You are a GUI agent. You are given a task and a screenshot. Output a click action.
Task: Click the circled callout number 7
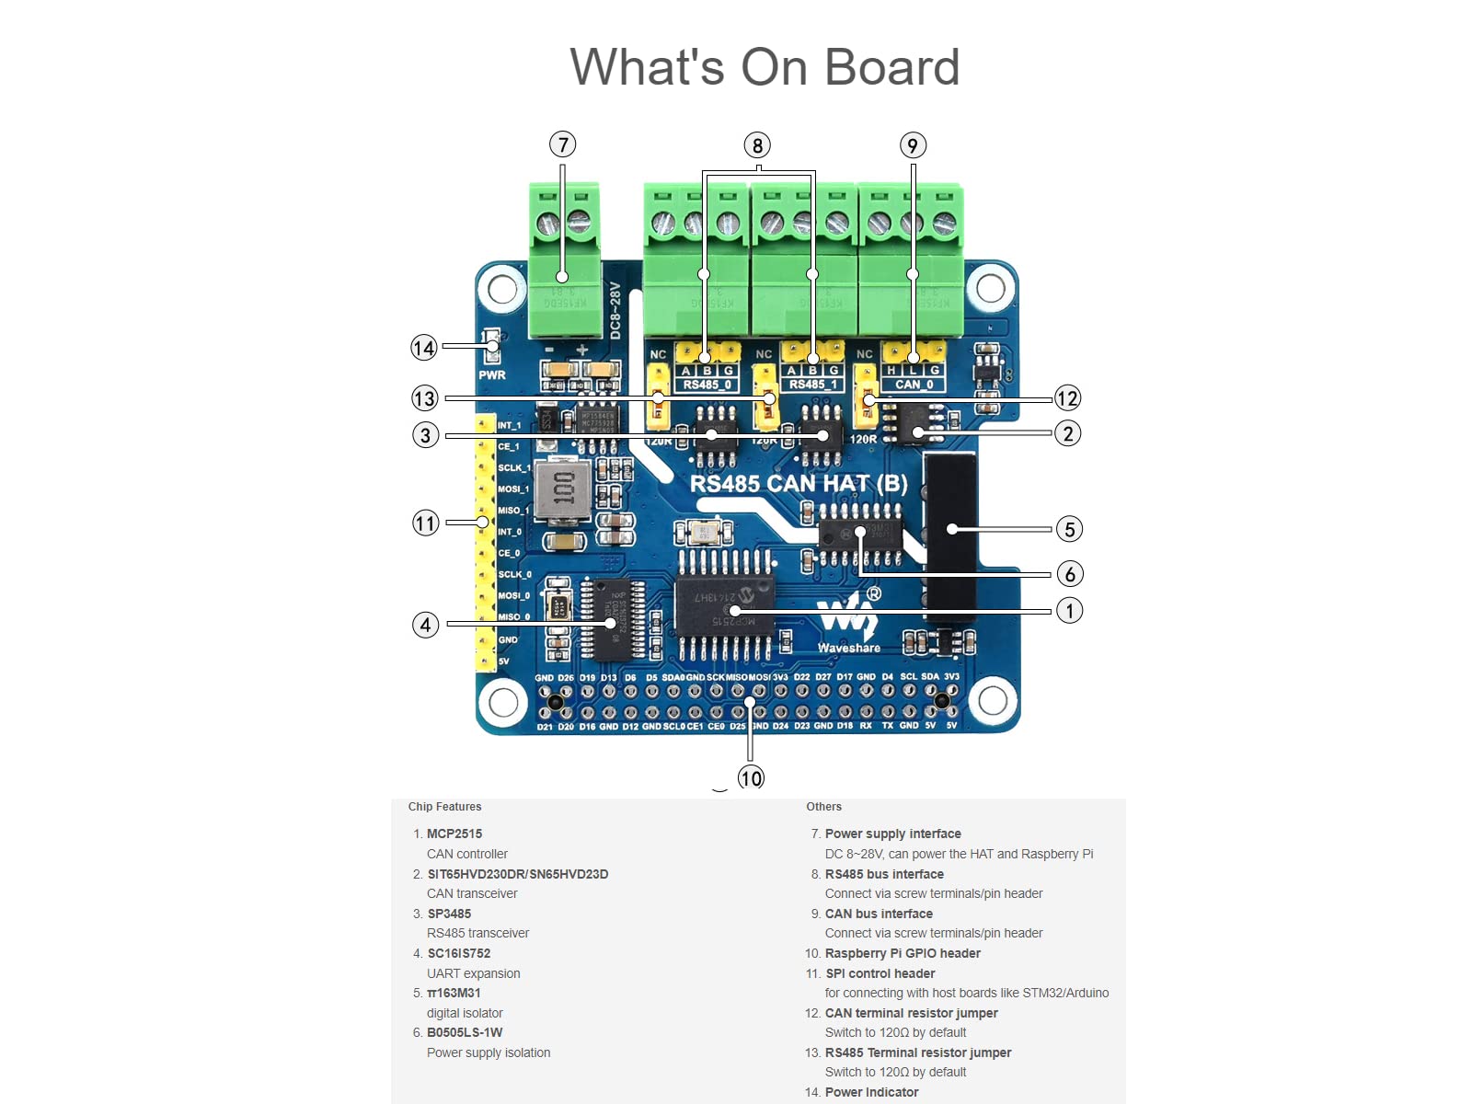point(562,144)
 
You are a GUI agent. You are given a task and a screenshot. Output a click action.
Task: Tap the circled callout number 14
point(423,348)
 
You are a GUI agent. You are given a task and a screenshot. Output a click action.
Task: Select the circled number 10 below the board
point(751,778)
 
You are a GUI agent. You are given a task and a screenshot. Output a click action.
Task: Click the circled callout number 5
point(1069,529)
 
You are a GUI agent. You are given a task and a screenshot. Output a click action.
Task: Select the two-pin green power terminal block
point(564,259)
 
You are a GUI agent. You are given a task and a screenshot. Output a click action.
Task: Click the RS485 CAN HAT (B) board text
point(799,484)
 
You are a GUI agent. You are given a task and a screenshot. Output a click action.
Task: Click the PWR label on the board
point(491,375)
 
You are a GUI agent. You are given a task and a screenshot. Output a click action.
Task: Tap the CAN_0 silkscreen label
point(914,385)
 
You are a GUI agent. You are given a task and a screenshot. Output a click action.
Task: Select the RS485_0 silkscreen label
point(707,385)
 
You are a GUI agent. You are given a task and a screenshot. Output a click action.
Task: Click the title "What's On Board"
point(765,67)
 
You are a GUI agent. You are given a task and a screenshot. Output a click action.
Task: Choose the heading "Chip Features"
point(444,807)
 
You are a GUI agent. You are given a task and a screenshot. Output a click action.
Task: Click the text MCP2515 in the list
point(454,834)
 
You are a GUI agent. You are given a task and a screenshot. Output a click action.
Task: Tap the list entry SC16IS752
point(459,953)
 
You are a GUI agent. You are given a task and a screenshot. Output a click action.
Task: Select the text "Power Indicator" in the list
point(871,1092)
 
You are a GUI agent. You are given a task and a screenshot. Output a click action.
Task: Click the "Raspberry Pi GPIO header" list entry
point(903,953)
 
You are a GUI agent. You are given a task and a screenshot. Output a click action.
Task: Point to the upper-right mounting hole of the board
point(990,288)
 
